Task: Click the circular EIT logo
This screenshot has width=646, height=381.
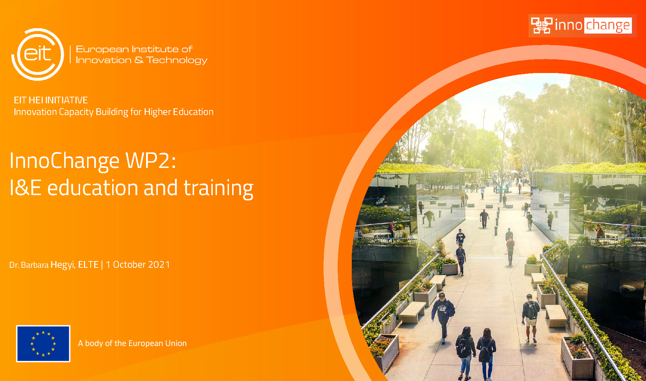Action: click(x=38, y=54)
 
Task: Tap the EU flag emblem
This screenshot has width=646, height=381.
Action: click(x=43, y=344)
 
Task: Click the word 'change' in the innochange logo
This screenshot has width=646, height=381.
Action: click(x=608, y=25)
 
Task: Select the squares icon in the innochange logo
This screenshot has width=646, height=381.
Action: click(x=542, y=25)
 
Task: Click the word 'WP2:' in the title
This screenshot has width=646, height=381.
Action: click(x=151, y=161)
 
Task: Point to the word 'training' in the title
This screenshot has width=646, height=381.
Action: click(x=218, y=188)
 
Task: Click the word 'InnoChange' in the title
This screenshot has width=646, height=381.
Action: click(x=65, y=161)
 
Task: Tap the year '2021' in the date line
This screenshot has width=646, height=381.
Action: click(x=159, y=265)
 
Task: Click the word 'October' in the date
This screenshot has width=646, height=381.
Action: click(x=129, y=265)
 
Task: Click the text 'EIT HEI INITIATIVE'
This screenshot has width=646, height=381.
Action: click(x=51, y=100)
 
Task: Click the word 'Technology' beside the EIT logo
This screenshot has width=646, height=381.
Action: click(x=177, y=60)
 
